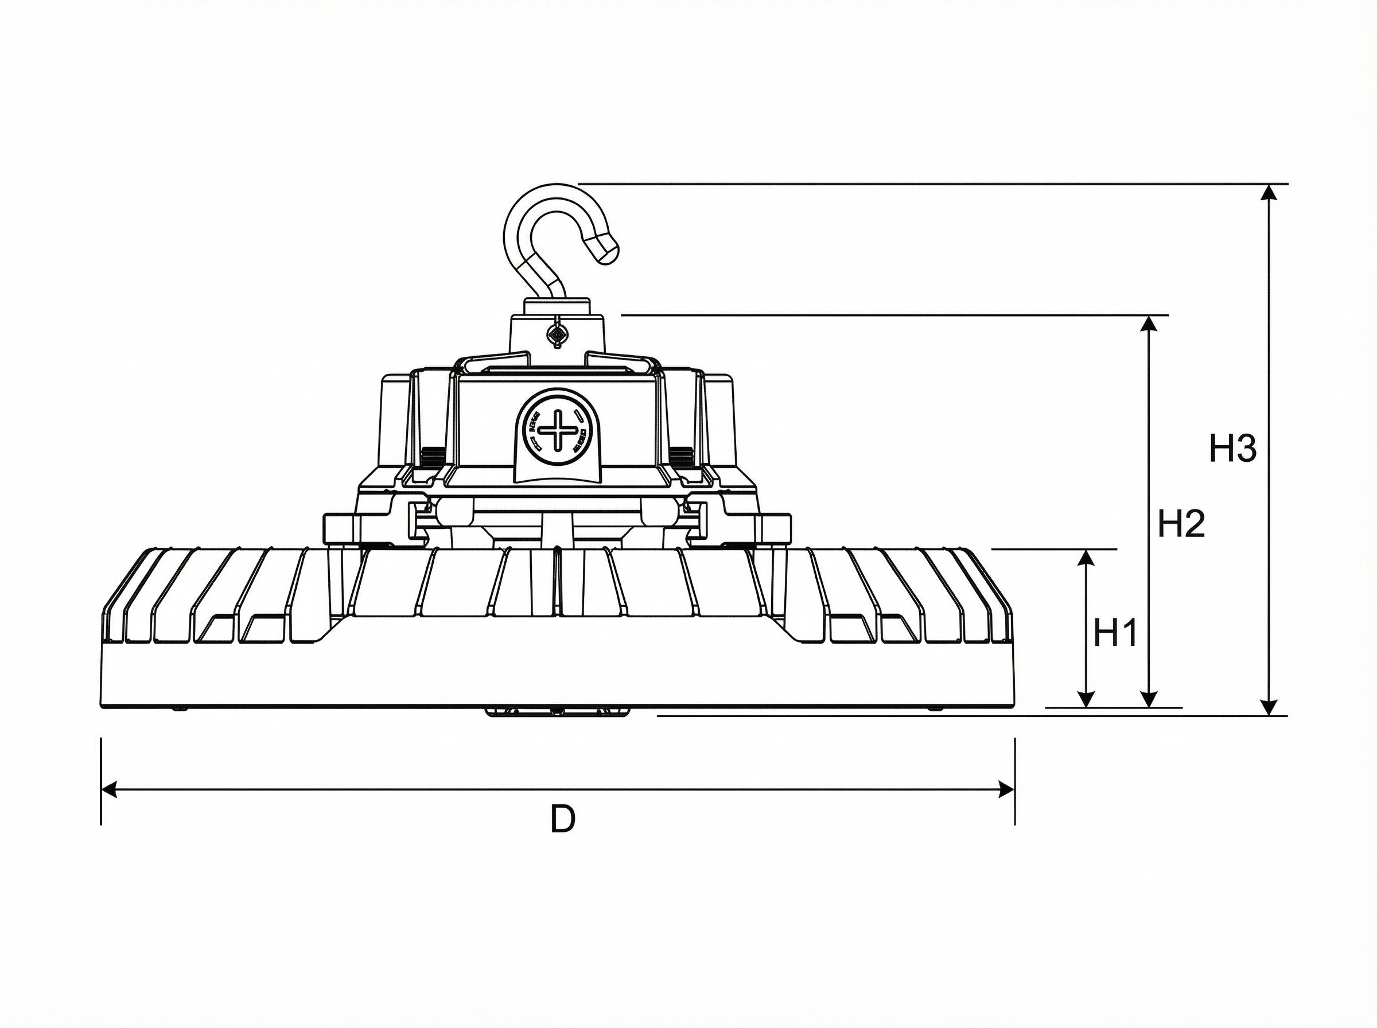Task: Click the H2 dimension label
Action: point(1181,523)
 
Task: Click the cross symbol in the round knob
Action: point(558,429)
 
